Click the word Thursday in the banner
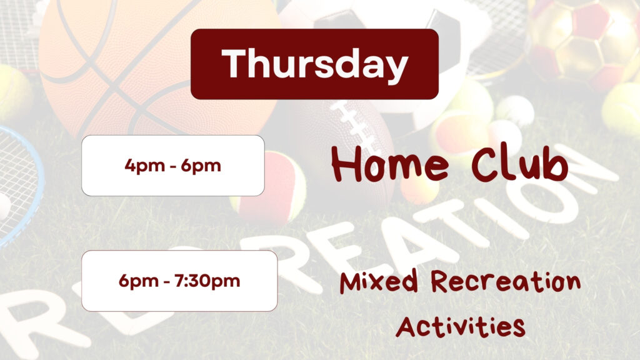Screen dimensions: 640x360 [x=315, y=64]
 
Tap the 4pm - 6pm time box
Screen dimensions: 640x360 [x=173, y=166]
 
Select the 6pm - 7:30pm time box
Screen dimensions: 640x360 [x=179, y=281]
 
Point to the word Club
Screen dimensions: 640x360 [x=519, y=162]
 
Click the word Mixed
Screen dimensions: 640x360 [x=379, y=281]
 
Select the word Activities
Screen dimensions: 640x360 [x=461, y=327]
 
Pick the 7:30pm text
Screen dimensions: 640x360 [x=207, y=281]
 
